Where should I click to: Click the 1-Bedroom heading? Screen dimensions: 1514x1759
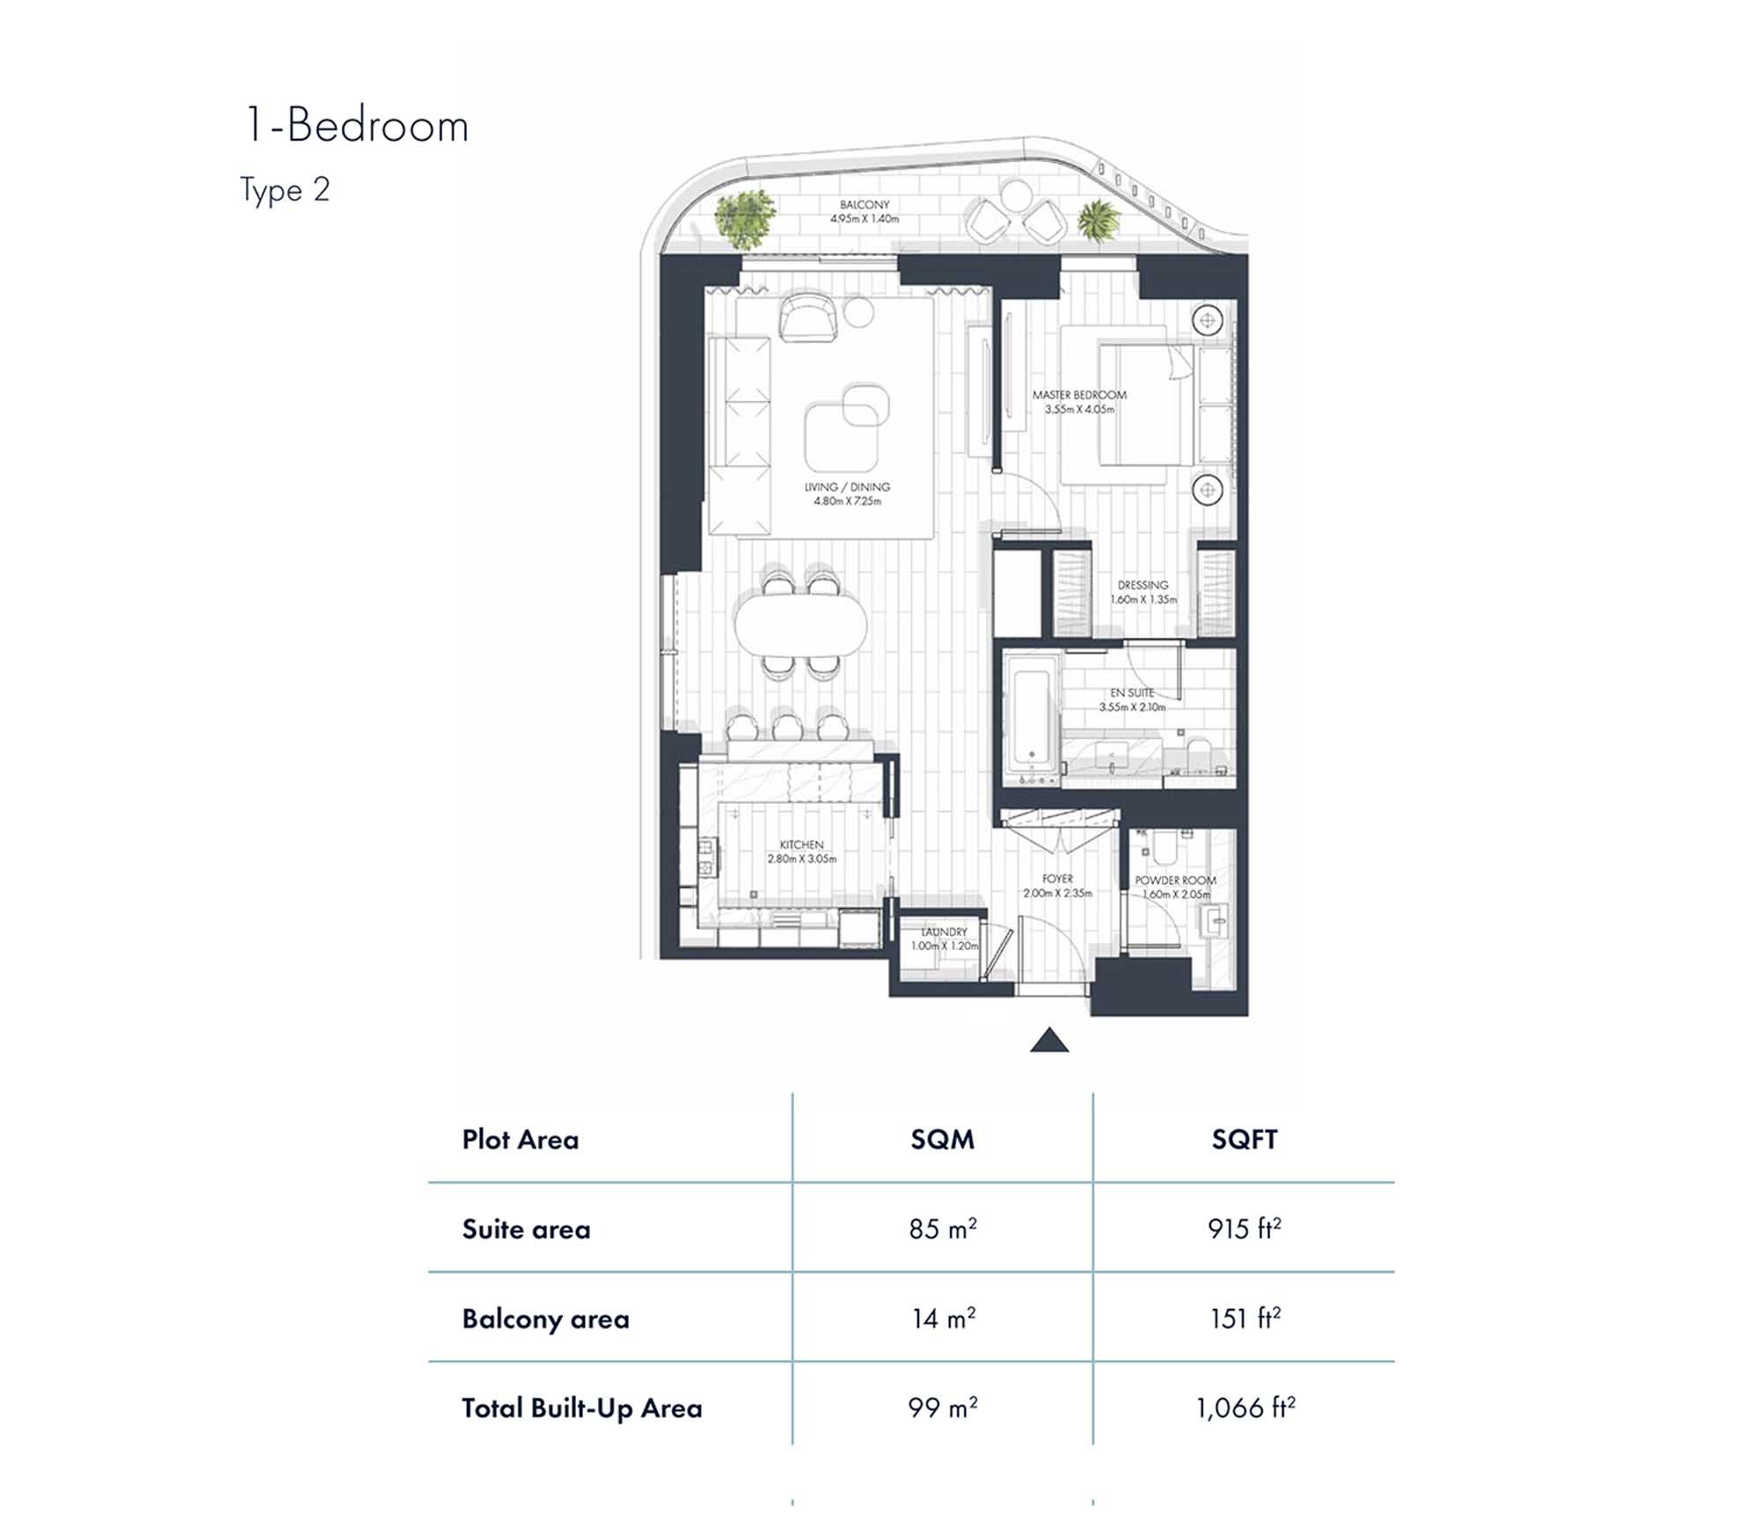[x=356, y=126]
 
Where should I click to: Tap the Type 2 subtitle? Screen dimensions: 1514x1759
[x=285, y=190]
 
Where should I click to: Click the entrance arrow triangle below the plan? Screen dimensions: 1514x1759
[x=1049, y=1042]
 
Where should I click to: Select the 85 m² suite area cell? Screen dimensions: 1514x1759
[x=942, y=1228]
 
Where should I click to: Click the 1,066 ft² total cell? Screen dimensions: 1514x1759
[x=1244, y=1408]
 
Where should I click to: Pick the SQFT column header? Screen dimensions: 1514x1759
[x=1244, y=1139]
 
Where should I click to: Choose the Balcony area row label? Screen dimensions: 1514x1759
[x=545, y=1319]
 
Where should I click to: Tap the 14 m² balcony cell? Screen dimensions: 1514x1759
[x=942, y=1318]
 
